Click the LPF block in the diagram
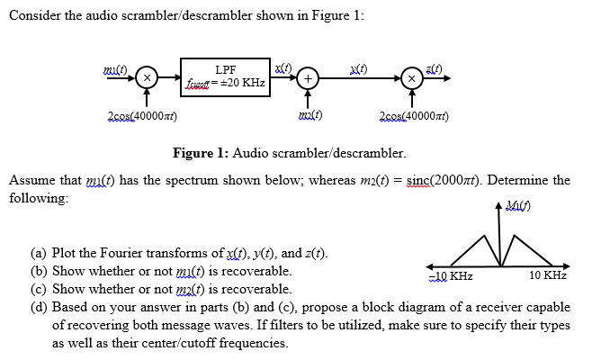(x=226, y=76)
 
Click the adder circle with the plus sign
(x=308, y=78)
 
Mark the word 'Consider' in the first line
(x=34, y=20)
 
